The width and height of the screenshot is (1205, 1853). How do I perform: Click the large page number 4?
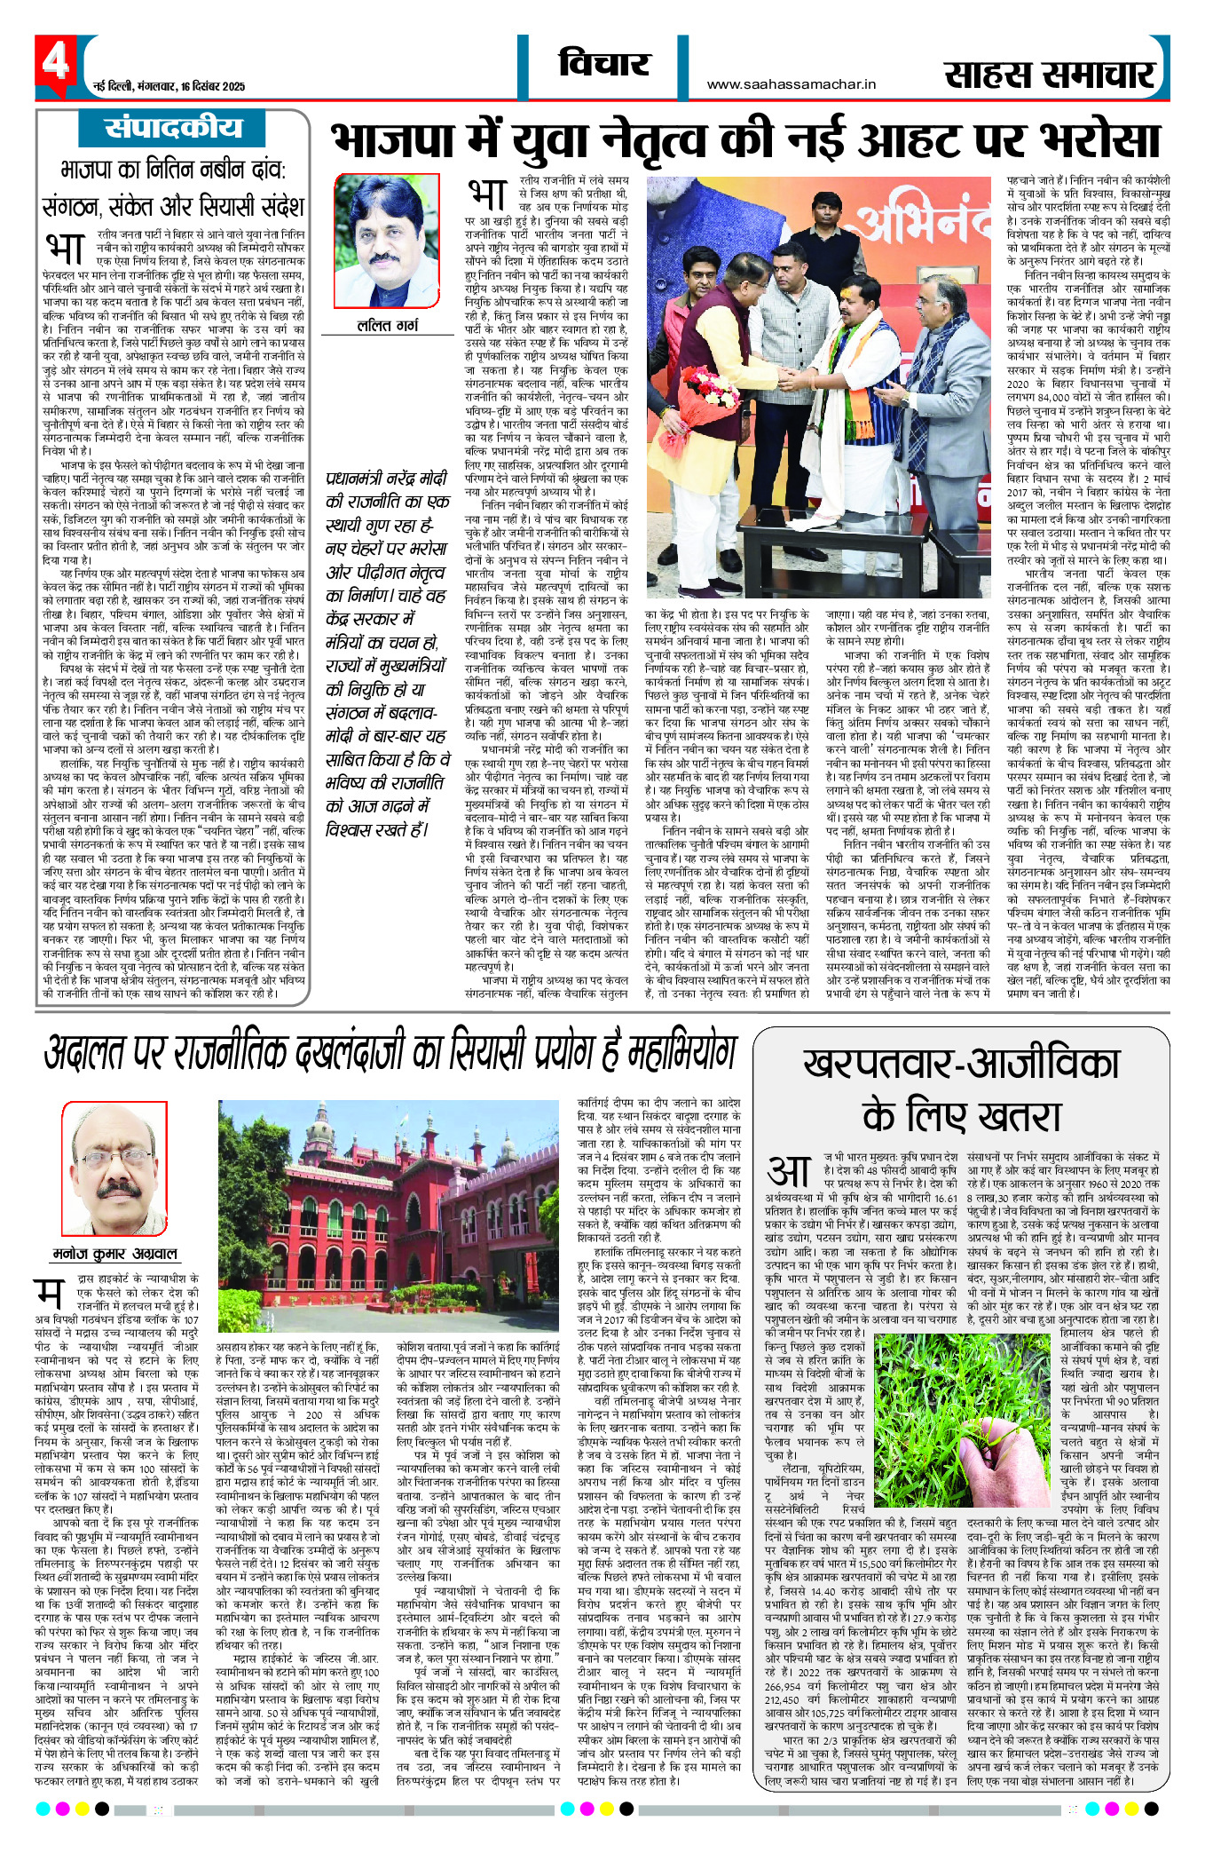55,63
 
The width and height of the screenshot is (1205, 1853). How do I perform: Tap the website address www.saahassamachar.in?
792,84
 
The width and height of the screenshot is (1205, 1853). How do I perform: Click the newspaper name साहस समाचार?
1049,75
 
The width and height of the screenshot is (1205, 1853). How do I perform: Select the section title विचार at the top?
603,64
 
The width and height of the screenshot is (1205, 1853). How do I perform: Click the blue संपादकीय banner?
172,129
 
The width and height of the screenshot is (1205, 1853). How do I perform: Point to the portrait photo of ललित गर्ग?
387,242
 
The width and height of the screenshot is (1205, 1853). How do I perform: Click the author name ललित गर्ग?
387,326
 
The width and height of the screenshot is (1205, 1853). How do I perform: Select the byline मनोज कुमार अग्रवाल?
114,1253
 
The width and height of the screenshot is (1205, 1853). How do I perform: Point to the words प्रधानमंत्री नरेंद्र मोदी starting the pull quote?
386,478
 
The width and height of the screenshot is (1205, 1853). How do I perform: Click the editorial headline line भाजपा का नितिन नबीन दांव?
172,170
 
